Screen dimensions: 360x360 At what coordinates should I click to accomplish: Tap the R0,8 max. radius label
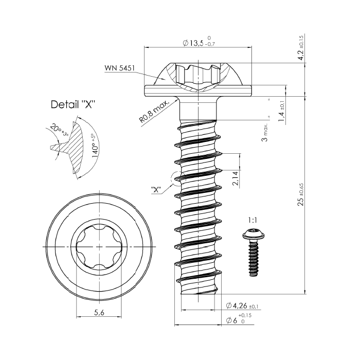point(155,112)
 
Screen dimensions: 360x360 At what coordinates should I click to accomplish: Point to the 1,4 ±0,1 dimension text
point(281,112)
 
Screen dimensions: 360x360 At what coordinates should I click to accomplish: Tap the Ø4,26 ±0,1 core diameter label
point(243,307)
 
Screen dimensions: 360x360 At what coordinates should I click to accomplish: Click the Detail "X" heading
point(73,104)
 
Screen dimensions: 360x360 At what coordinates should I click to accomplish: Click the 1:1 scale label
point(253,220)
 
